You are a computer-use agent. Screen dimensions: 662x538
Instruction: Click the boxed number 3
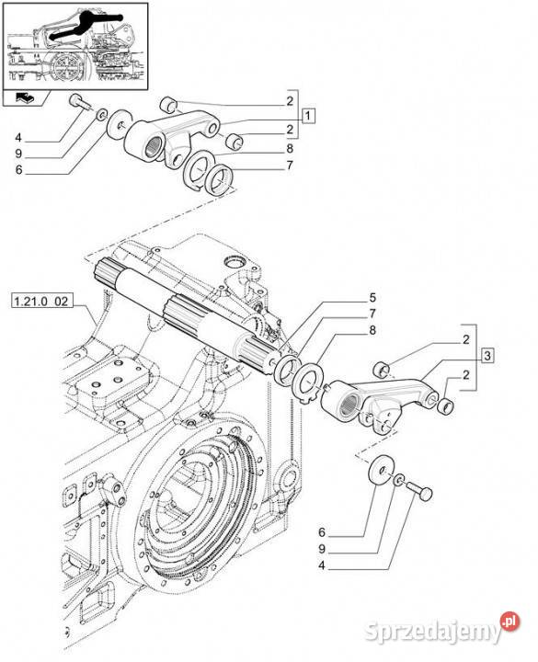point(487,356)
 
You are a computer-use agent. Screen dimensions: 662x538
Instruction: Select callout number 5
point(372,297)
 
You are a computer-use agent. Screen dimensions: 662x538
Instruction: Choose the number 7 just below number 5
point(372,314)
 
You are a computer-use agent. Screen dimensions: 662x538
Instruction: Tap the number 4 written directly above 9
point(17,139)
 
